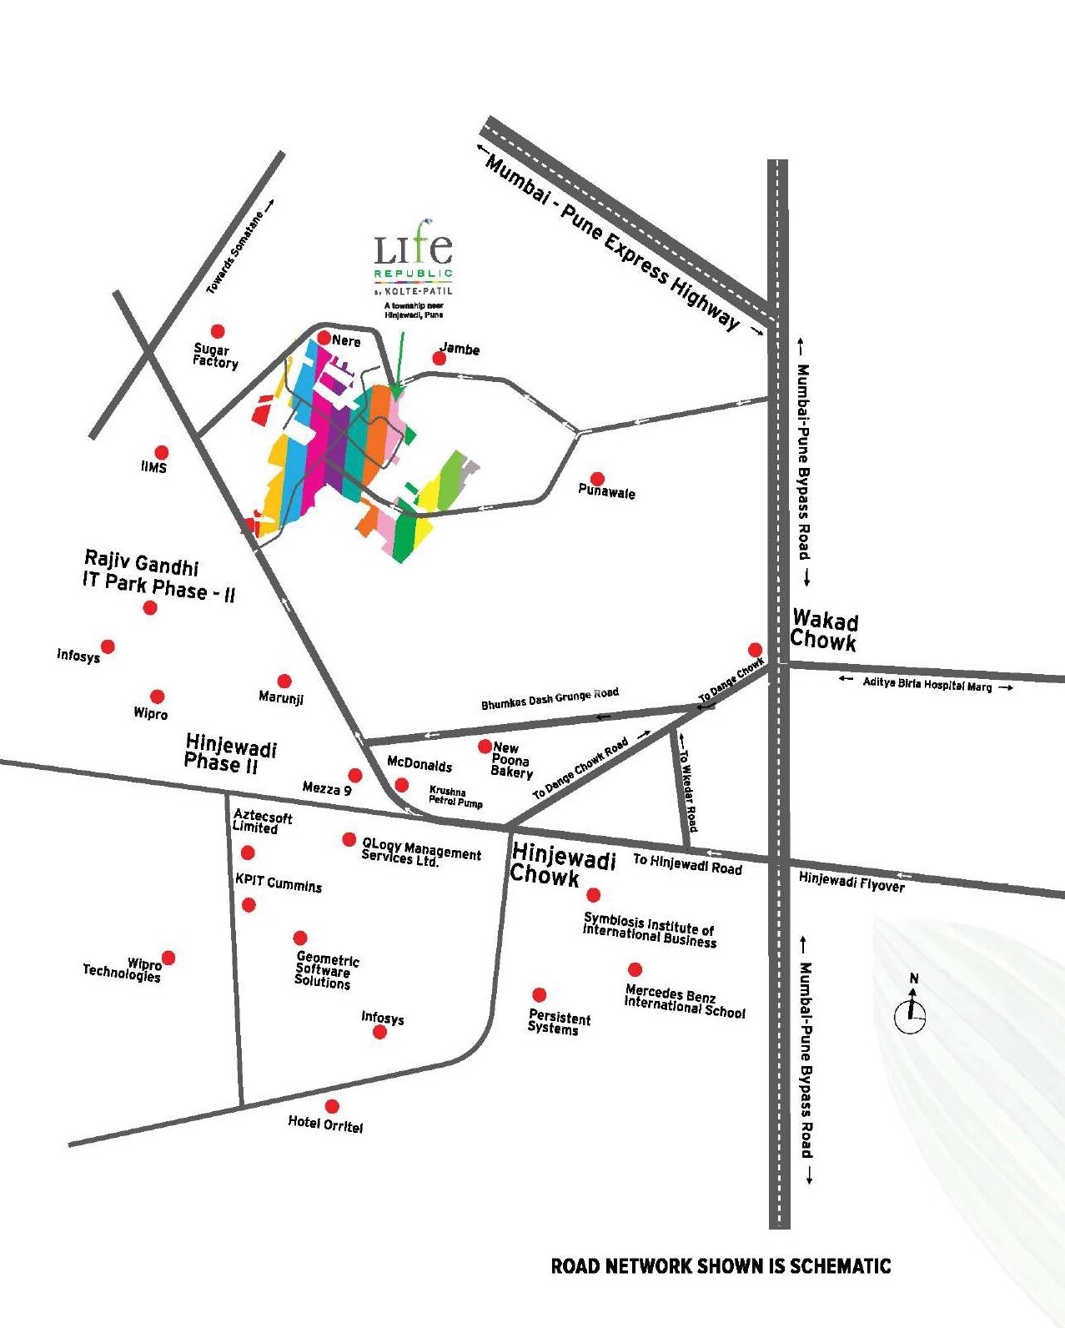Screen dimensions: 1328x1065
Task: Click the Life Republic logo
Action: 414,259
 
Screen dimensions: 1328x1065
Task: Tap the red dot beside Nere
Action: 324,338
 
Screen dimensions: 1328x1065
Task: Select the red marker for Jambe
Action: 439,359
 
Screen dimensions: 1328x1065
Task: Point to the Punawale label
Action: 606,492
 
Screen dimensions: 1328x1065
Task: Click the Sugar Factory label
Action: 215,355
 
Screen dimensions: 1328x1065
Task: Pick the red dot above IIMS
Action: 161,453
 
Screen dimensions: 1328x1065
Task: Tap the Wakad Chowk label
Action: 824,631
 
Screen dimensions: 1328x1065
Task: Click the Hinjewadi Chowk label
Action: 562,865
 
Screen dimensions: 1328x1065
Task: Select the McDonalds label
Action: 419,765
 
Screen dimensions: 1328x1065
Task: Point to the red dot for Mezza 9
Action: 355,776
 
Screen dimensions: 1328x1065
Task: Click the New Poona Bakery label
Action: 511,760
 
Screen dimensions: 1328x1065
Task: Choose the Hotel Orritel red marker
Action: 332,1106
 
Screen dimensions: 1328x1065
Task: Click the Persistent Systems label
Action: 559,1023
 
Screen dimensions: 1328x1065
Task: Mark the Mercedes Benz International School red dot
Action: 635,969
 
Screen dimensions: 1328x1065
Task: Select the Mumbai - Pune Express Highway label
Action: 613,243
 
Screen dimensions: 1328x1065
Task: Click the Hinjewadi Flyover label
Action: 851,882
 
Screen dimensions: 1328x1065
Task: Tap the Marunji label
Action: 281,697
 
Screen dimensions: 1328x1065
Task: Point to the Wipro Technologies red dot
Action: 168,958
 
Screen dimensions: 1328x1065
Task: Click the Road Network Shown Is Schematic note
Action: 721,1266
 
